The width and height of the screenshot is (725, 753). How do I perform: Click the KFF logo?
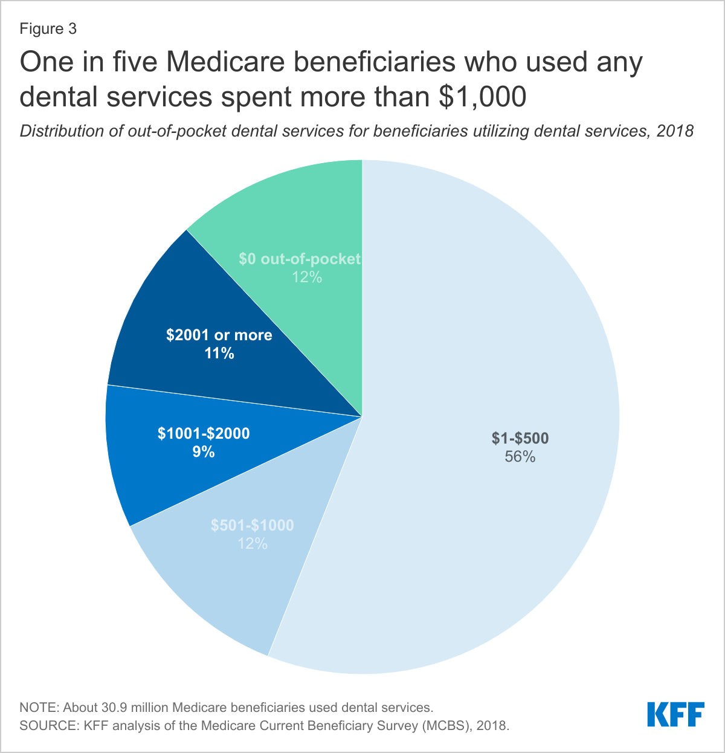click(675, 714)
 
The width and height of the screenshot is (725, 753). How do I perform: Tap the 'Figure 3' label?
click(48, 29)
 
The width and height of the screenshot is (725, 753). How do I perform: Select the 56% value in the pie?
click(520, 457)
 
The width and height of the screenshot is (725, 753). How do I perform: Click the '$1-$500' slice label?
click(520, 439)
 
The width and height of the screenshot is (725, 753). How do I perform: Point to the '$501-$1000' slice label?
click(252, 525)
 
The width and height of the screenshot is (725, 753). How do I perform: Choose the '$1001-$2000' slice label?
click(204, 433)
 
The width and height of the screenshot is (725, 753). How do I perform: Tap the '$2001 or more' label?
click(219, 335)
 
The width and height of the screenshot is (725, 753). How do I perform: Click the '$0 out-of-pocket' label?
click(300, 259)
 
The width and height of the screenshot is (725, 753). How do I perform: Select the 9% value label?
click(204, 451)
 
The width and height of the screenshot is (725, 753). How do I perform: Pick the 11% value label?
click(219, 354)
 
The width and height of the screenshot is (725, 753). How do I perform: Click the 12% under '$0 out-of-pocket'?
click(307, 277)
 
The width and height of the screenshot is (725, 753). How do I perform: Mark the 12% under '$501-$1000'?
click(252, 544)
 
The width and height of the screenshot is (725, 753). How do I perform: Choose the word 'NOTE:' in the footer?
click(40, 707)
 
